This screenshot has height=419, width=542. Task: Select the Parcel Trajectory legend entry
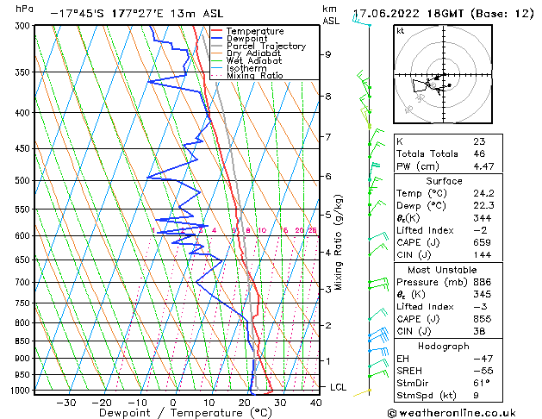(265, 46)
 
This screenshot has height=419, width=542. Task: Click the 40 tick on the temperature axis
(315, 402)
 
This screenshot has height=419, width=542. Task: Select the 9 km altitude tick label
(327, 54)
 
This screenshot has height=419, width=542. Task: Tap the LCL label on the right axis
(339, 387)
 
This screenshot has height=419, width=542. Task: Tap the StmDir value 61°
(481, 382)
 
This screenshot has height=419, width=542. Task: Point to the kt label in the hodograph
(400, 30)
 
